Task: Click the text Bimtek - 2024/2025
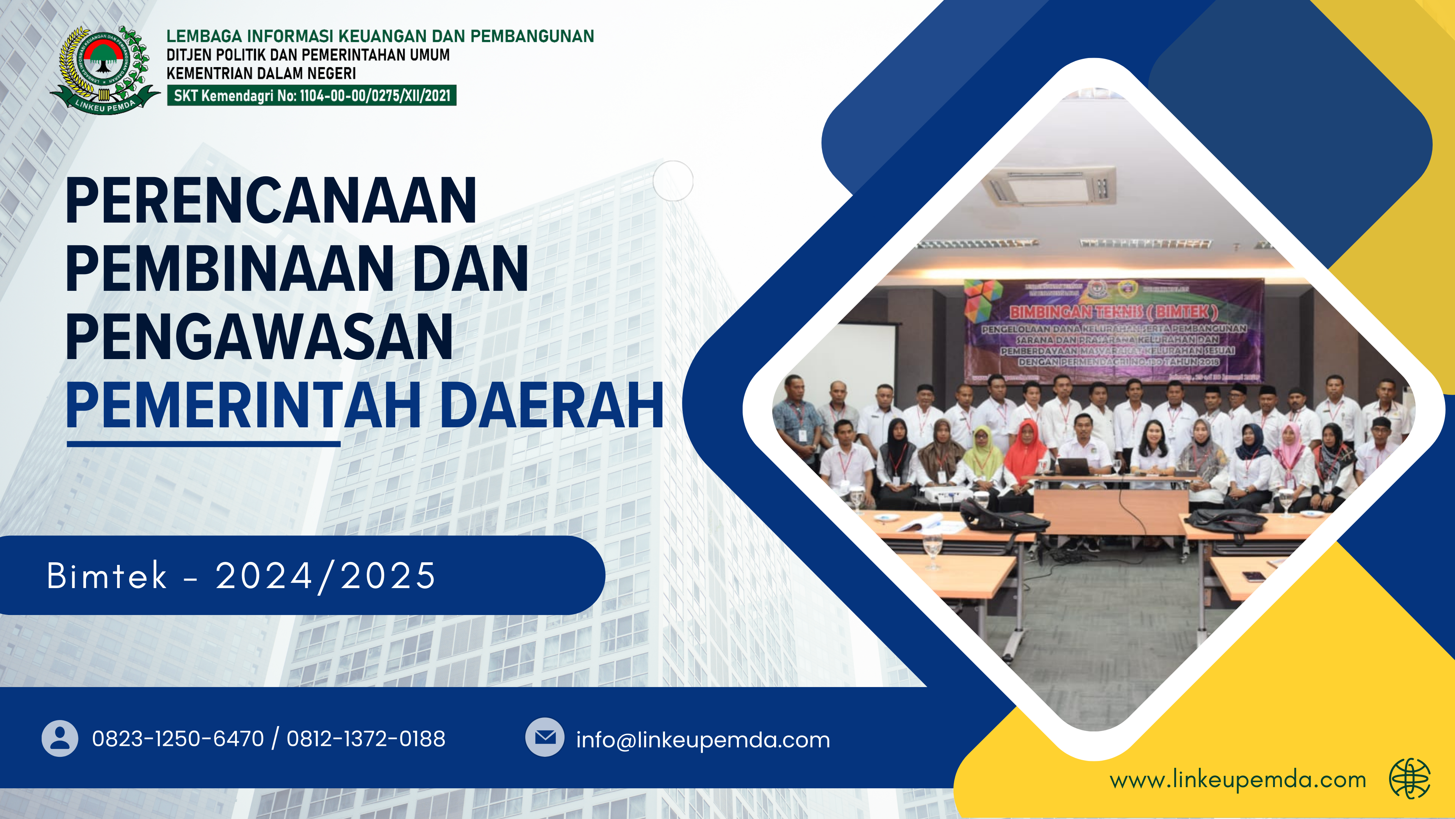pyautogui.click(x=241, y=576)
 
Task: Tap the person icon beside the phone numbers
pyautogui.click(x=60, y=738)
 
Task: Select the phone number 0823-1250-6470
pyautogui.click(x=178, y=739)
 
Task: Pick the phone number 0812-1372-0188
pyautogui.click(x=366, y=739)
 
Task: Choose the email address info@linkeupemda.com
pyautogui.click(x=702, y=740)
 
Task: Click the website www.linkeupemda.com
pyautogui.click(x=1238, y=780)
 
